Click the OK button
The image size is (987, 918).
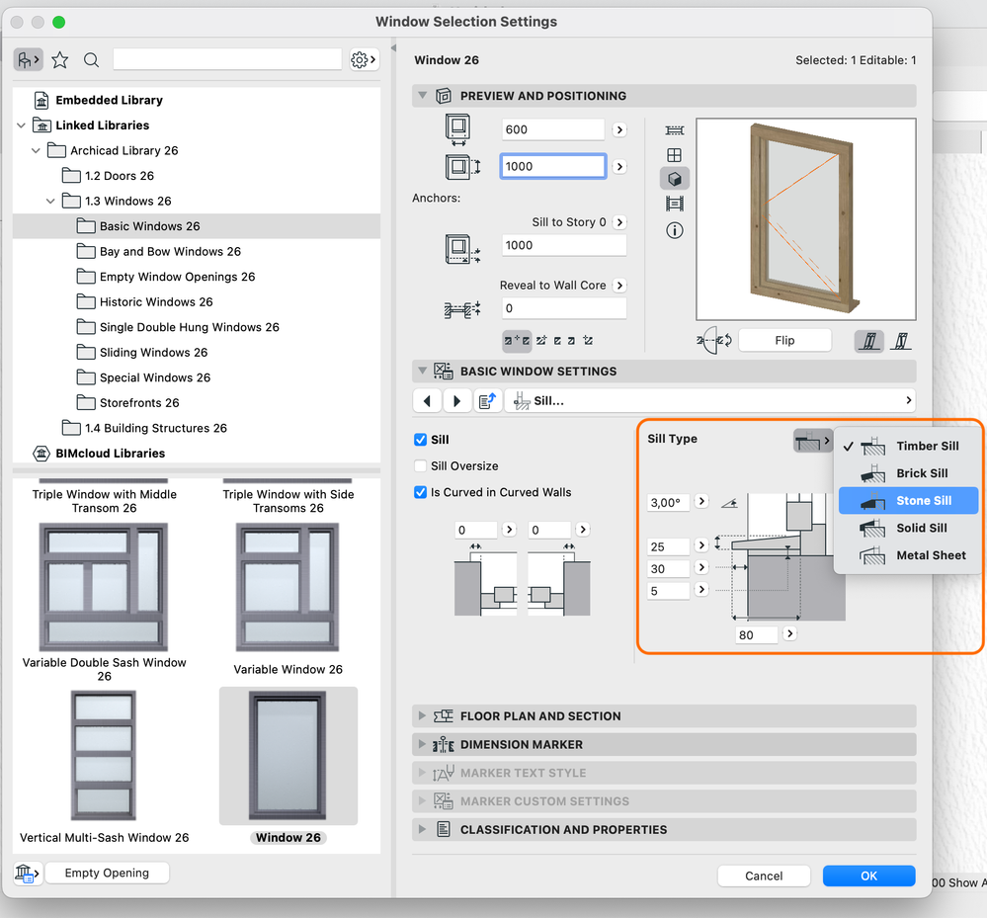pos(868,876)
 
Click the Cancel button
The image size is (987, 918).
pos(764,876)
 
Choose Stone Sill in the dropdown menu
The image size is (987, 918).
pos(923,501)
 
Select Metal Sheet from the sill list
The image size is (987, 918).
pos(930,555)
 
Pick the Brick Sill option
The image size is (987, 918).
pos(921,473)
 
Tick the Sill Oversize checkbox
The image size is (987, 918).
pos(421,466)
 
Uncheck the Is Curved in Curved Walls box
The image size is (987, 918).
pos(421,492)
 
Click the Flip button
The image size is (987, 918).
pos(784,340)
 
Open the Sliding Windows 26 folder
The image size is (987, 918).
pos(153,353)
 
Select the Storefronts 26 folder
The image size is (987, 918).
pos(139,403)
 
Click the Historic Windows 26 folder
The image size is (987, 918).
pos(156,302)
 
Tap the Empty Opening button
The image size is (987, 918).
pos(107,873)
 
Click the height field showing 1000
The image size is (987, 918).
pos(553,167)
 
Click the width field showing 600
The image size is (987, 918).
pos(553,129)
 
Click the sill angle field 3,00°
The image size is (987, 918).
pos(668,502)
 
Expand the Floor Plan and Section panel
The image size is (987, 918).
pos(539,716)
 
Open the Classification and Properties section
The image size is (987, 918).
pos(563,830)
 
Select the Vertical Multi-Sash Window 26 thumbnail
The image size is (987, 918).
pos(104,755)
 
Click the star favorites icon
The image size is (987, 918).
pos(60,60)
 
